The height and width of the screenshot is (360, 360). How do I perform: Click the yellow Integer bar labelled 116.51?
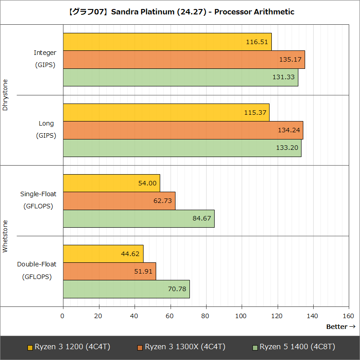[167, 42]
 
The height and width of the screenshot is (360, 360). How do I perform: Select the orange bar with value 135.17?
[184, 59]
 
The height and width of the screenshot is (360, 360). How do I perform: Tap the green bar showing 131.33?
[180, 77]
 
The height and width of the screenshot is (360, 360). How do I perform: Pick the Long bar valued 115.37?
[166, 112]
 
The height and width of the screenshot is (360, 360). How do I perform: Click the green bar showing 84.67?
[139, 218]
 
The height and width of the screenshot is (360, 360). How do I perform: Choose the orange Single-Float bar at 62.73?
[119, 201]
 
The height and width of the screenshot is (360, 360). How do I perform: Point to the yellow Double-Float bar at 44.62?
[103, 254]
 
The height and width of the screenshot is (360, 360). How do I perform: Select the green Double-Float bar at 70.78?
[126, 289]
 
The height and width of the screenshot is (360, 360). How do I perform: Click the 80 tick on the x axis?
[206, 316]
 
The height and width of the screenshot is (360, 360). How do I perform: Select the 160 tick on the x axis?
[349, 316]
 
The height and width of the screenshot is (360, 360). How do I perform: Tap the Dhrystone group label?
[5, 95]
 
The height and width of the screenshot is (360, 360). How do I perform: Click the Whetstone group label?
[5, 236]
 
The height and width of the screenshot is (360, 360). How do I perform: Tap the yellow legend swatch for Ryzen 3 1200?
[30, 347]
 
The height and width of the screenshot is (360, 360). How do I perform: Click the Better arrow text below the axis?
[341, 327]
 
